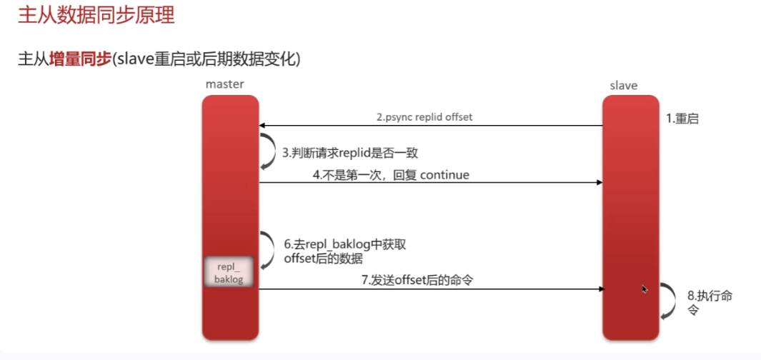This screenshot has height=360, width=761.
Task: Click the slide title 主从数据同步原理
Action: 96,15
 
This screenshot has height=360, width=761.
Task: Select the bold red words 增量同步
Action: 79,59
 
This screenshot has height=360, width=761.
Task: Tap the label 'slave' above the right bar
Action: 623,85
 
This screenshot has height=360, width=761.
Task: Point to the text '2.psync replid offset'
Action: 424,116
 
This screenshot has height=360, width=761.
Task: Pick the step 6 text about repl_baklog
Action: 344,251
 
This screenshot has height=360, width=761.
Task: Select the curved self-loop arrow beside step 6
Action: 267,250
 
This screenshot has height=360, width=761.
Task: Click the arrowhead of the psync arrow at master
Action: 262,126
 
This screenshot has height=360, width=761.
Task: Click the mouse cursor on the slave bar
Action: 645,289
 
